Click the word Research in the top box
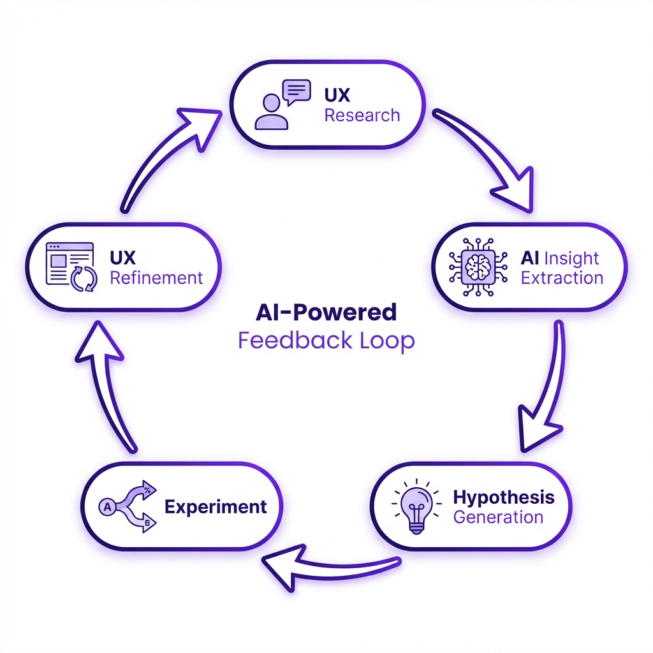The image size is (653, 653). (362, 115)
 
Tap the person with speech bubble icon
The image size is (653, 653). (281, 105)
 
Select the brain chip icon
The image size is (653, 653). (478, 267)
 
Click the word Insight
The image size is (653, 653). (571, 258)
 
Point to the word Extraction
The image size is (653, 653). (561, 278)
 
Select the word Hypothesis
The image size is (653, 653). (503, 497)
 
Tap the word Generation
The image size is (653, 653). (498, 517)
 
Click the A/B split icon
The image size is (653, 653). (128, 506)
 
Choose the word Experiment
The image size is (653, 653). (216, 507)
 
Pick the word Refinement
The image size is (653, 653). (156, 278)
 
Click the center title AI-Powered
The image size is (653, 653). (326, 312)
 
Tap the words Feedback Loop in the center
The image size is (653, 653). (326, 340)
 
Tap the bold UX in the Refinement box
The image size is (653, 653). (122, 258)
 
